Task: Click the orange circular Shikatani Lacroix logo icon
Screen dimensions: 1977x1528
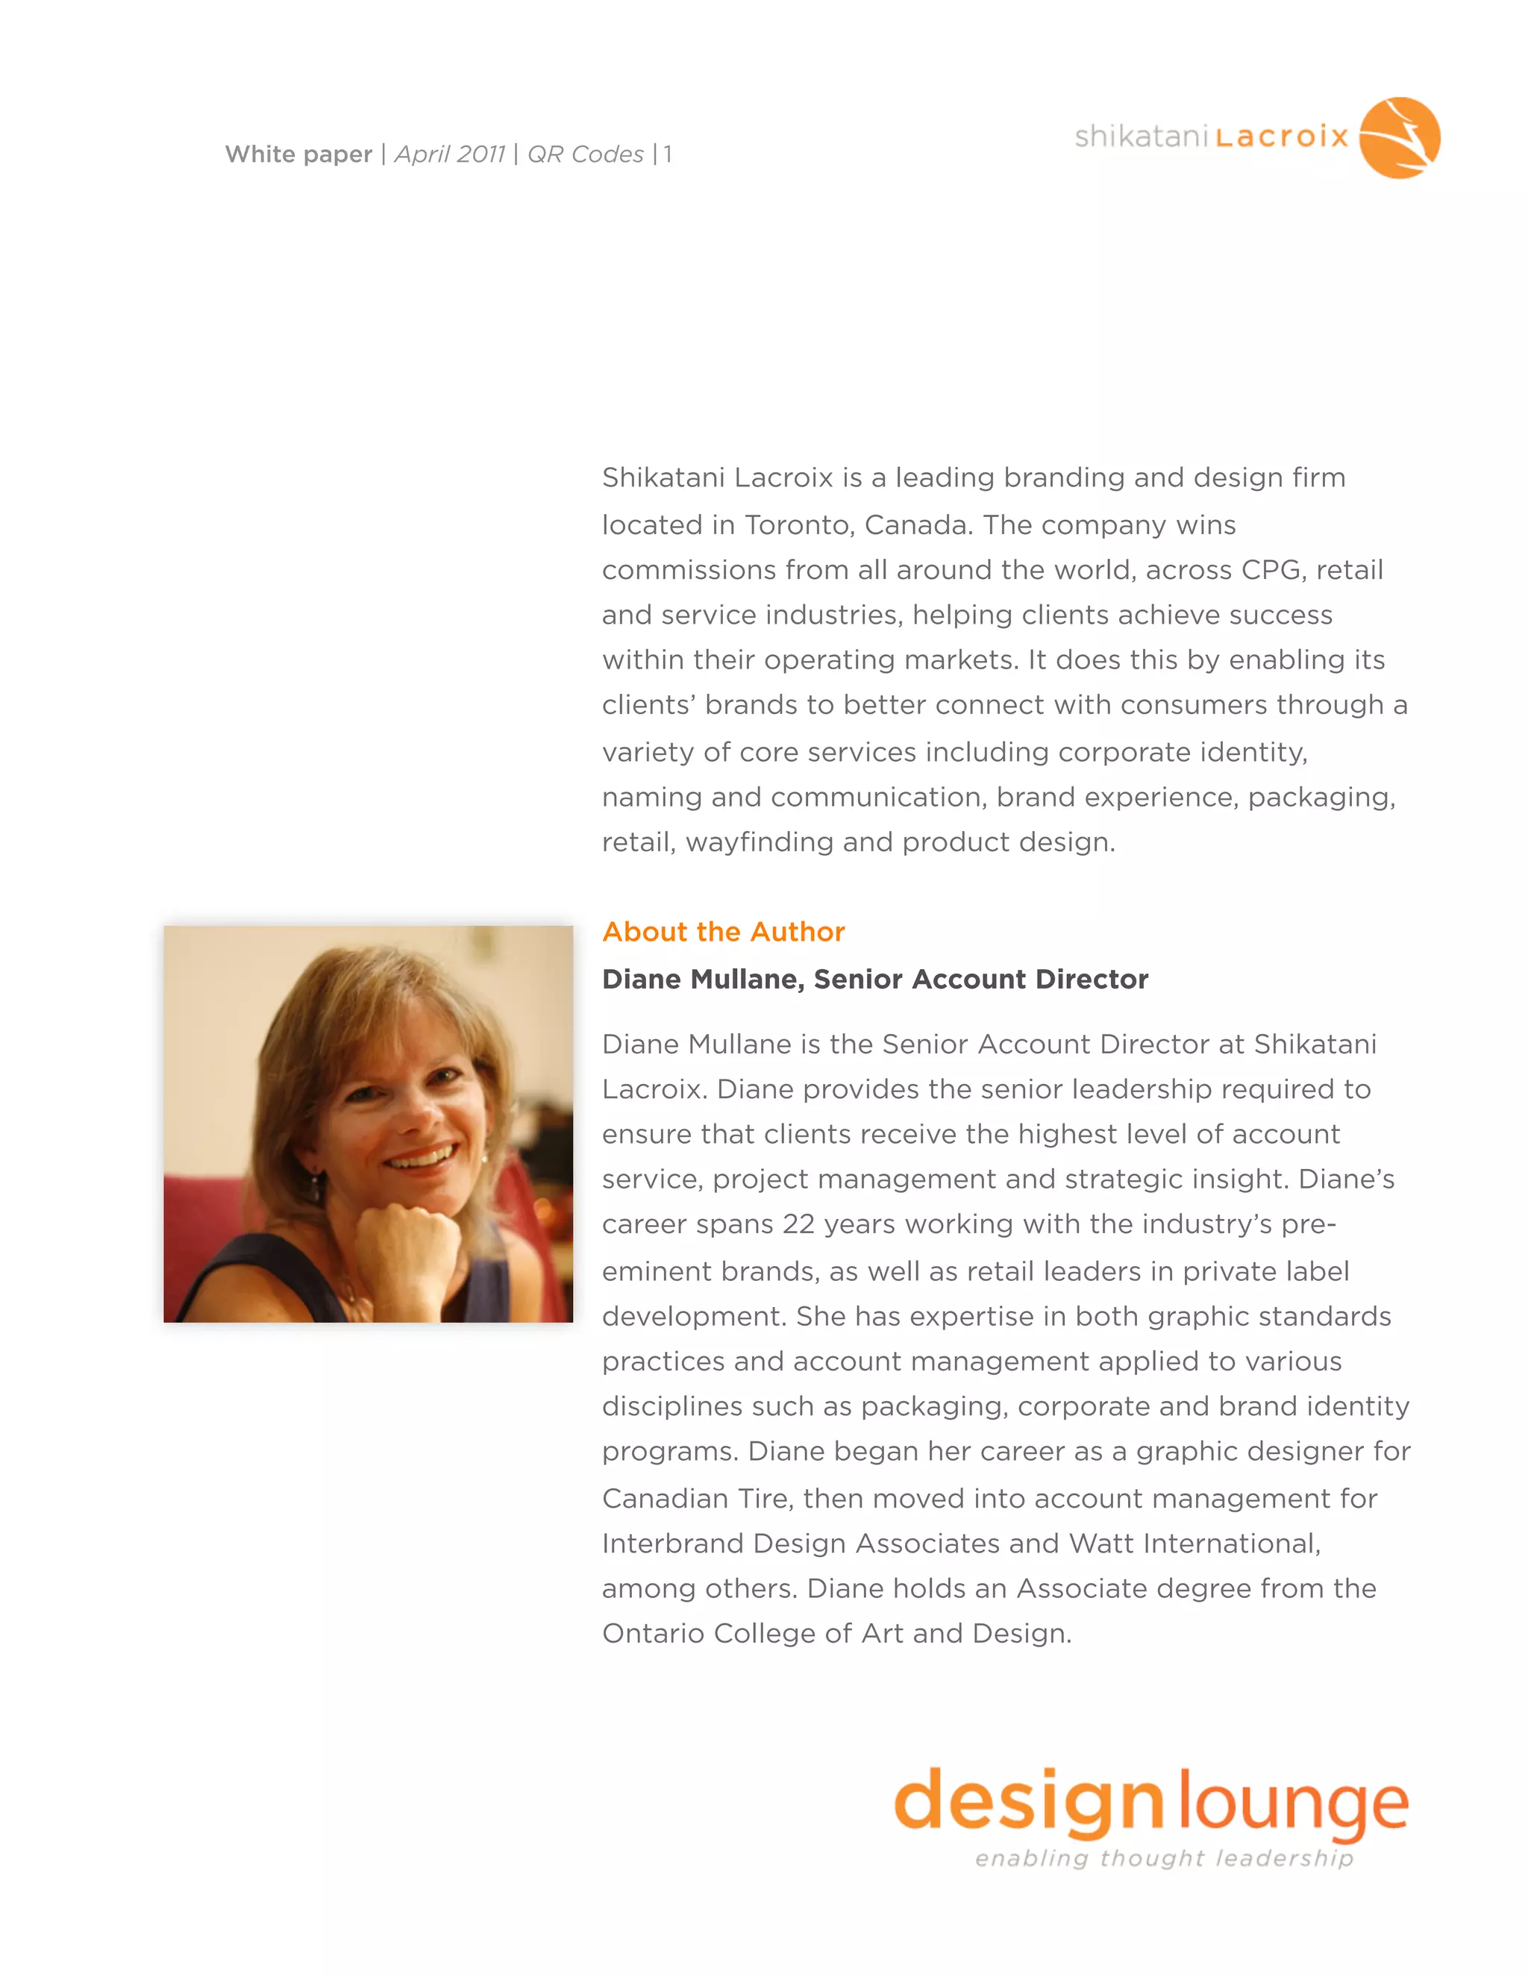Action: point(1399,137)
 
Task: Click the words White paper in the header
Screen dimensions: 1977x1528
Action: point(298,154)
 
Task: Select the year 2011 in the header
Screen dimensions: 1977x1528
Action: point(480,154)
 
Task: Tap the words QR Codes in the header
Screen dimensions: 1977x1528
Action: point(585,154)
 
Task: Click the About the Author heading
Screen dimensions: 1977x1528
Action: point(723,932)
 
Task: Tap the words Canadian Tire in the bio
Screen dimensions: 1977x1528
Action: point(697,1499)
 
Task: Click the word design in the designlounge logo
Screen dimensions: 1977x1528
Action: point(1028,1802)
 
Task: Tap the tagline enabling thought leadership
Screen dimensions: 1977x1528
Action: point(1164,1858)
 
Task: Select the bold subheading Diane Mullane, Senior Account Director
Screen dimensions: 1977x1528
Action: point(874,980)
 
